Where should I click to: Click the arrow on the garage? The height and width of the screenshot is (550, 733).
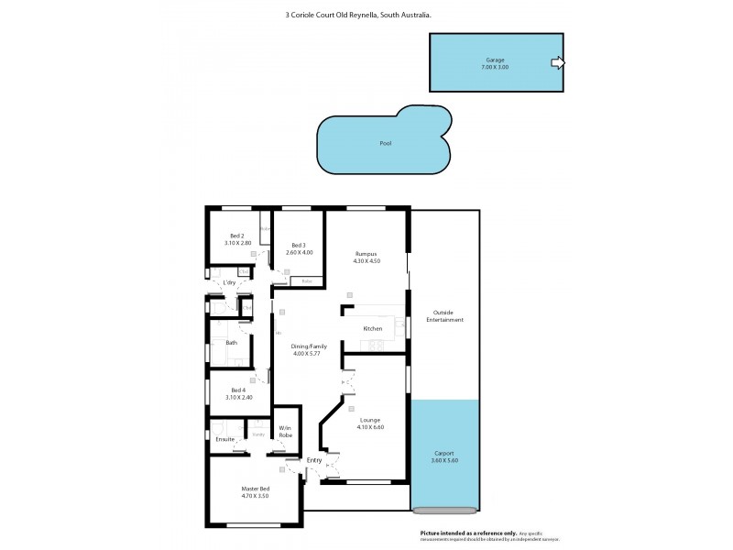point(557,63)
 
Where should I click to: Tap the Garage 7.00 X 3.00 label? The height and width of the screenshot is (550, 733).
point(496,63)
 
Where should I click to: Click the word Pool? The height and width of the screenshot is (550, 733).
point(386,144)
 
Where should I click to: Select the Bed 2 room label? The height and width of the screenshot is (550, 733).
point(237,239)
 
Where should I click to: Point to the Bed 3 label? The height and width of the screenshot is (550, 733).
point(299,248)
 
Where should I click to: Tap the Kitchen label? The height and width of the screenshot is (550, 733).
point(372,328)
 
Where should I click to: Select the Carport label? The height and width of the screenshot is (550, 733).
point(444,456)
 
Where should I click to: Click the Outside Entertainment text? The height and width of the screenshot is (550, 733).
point(444,316)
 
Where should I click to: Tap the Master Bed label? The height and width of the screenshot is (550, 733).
point(255,492)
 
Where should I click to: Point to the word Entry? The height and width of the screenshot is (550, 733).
point(313,460)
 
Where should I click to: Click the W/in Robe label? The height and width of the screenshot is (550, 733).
point(286,431)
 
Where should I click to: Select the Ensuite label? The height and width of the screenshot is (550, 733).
point(225,440)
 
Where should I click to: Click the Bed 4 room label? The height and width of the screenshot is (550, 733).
point(237,393)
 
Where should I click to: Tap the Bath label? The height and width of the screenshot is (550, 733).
point(232,343)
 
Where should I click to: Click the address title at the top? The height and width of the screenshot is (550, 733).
point(366,15)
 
